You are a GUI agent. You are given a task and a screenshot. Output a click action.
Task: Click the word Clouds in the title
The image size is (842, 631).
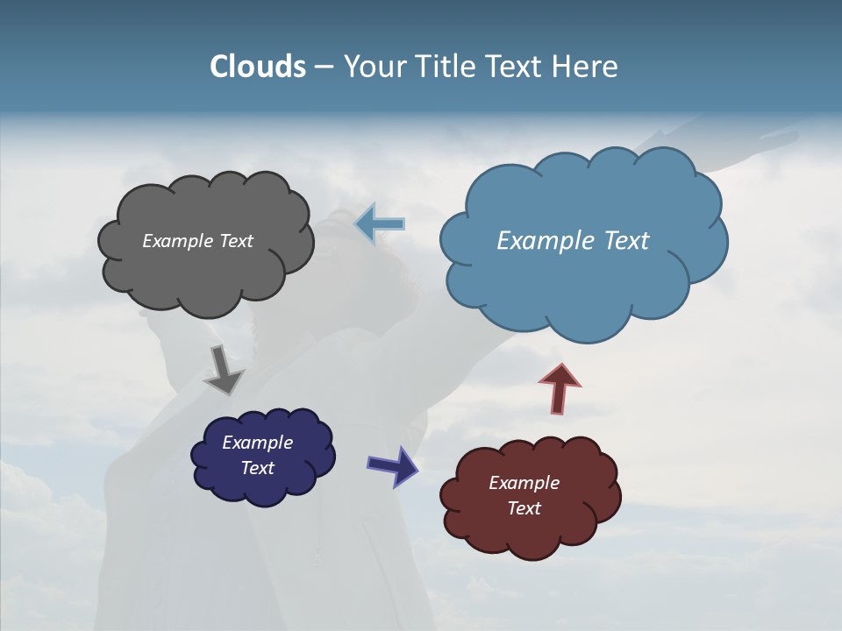pos(257,67)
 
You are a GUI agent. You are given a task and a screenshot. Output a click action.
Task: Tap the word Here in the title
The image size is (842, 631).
pos(587,67)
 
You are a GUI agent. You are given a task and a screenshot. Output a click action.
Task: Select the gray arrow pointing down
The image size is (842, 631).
pos(223,369)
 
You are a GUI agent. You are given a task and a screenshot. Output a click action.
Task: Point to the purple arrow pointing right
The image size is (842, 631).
pos(393,465)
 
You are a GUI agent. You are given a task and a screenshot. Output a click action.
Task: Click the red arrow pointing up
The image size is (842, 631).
pos(560,388)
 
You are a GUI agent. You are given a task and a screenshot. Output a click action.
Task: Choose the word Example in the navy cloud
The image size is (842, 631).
pos(257,443)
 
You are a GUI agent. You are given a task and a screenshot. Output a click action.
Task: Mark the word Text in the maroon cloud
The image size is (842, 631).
pos(524,508)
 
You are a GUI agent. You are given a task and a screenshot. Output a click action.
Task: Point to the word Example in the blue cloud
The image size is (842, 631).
pos(543,241)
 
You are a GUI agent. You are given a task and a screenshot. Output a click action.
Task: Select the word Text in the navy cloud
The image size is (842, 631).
pos(257,468)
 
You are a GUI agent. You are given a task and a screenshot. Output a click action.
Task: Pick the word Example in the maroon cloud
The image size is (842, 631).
pos(524,483)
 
